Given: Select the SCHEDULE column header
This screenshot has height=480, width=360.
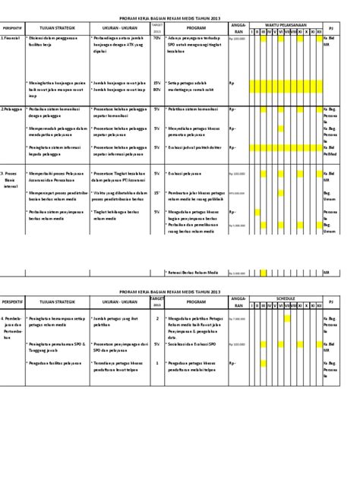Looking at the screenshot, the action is [x=286, y=299].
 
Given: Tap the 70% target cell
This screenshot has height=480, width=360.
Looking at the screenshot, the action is [x=157, y=36].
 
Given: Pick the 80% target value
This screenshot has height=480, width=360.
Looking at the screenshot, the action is [x=157, y=90].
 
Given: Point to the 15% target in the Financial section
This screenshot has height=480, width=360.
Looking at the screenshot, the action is [x=157, y=82].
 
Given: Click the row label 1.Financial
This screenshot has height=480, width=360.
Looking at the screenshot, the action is [x=11, y=36].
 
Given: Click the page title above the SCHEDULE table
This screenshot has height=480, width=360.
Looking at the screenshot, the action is [x=179, y=291].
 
